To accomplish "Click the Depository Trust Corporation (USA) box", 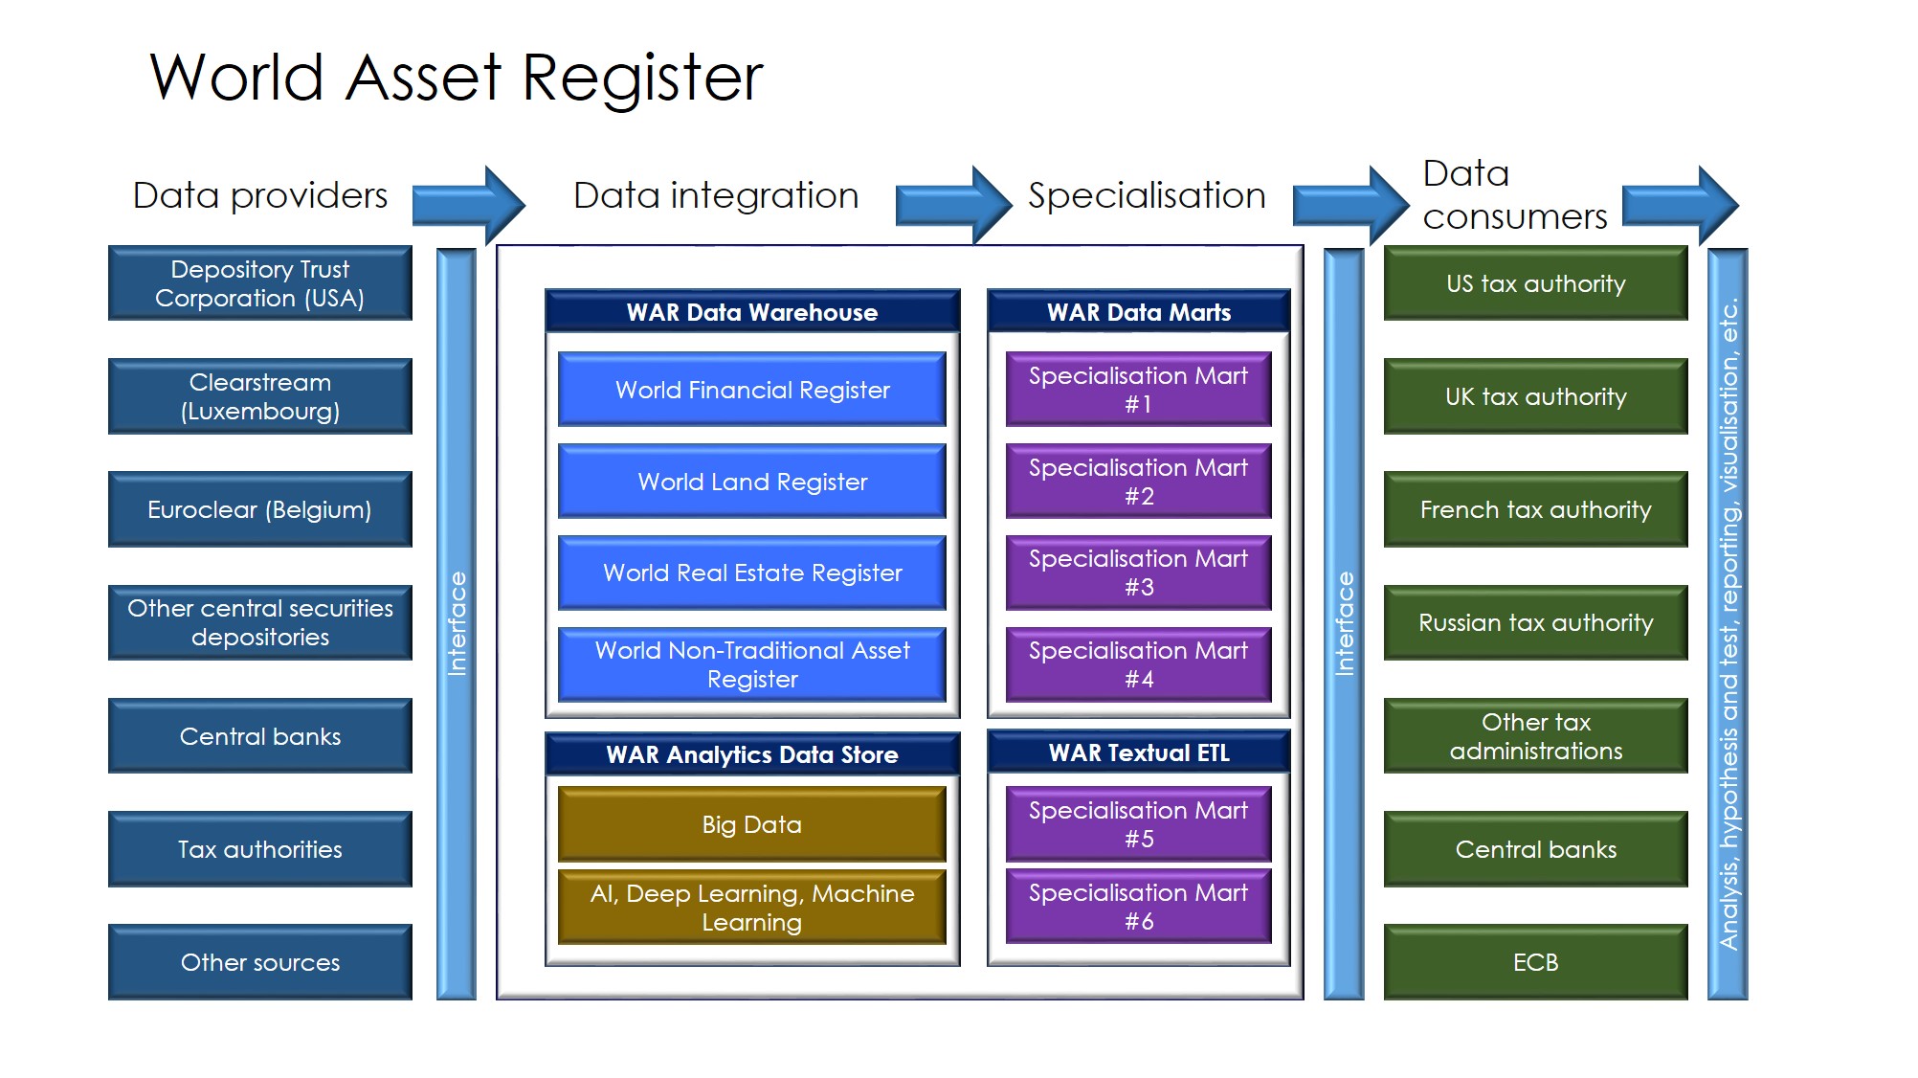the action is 260,283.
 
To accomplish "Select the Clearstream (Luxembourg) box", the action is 260,396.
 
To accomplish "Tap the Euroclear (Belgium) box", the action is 260,509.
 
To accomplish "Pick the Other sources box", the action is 260,962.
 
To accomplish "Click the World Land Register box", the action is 752,481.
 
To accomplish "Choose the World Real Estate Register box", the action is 752,573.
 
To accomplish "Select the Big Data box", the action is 752,823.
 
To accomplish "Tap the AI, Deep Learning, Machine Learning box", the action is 752,907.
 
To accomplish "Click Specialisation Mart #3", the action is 1139,573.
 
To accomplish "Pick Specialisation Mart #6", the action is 1139,907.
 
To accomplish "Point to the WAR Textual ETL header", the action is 1139,752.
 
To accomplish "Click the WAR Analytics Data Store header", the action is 752,754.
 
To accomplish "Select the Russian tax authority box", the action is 1536,622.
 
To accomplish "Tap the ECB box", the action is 1536,962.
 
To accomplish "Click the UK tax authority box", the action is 1536,396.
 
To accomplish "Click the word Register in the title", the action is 643,79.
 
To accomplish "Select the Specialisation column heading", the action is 1147,195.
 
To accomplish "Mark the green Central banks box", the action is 1536,849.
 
